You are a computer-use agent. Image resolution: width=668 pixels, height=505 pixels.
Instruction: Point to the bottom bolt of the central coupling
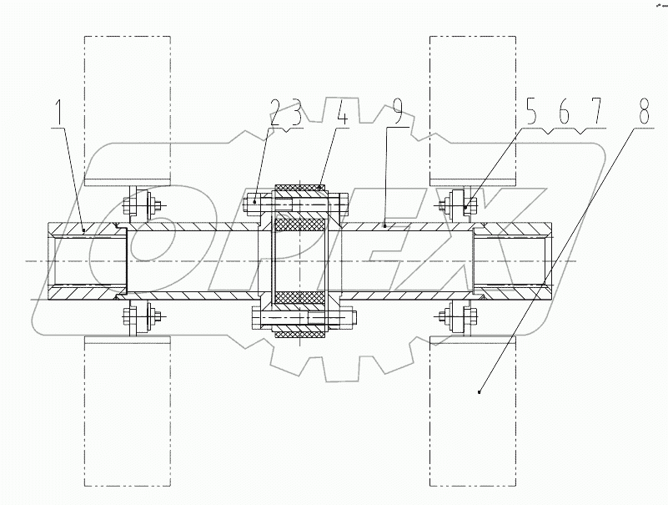[304, 319]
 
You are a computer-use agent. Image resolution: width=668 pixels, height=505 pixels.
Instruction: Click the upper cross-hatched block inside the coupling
[300, 226]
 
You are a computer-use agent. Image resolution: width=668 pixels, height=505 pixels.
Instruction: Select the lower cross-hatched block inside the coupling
[300, 296]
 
